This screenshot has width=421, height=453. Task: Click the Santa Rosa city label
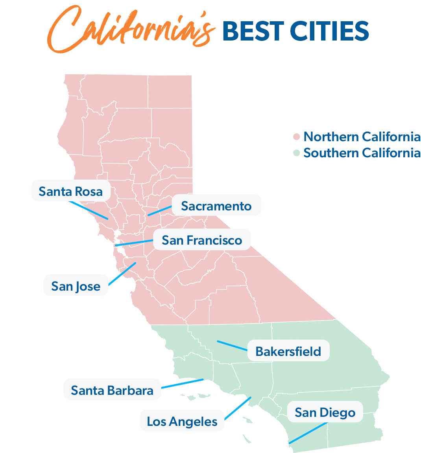pyautogui.click(x=70, y=192)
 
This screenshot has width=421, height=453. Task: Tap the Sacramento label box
pyautogui.click(x=216, y=206)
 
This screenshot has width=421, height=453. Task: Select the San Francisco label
pyautogui.click(x=201, y=240)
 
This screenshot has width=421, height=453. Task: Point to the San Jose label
pyautogui.click(x=76, y=286)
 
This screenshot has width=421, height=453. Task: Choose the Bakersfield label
pyautogui.click(x=288, y=351)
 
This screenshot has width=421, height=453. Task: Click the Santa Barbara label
pyautogui.click(x=112, y=390)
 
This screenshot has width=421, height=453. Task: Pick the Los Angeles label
pyautogui.click(x=182, y=421)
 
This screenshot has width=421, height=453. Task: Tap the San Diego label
pyautogui.click(x=325, y=412)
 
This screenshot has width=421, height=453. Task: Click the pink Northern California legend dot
pyautogui.click(x=297, y=137)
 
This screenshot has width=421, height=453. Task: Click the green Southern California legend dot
pyautogui.click(x=297, y=153)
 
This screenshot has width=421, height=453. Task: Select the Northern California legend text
pyautogui.click(x=362, y=137)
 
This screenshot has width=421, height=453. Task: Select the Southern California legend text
pyautogui.click(x=362, y=153)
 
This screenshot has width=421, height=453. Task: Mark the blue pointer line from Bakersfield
pyautogui.click(x=232, y=345)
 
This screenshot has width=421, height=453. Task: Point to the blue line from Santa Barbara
pyautogui.click(x=183, y=383)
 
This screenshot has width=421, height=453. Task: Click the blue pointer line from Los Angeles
pyautogui.click(x=237, y=408)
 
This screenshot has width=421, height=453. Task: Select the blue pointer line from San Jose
pyautogui.click(x=122, y=273)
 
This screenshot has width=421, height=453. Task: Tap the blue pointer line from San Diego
pyautogui.click(x=308, y=433)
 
